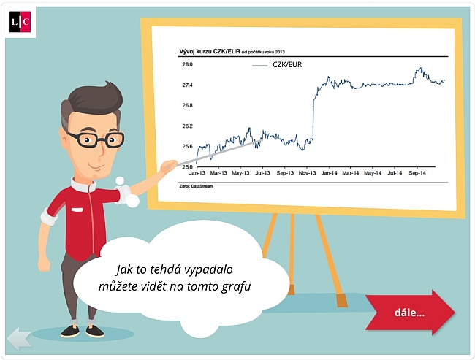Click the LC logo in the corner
[20, 22]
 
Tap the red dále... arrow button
[410, 313]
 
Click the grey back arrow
[19, 338]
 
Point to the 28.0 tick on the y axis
[187, 64]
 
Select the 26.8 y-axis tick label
[187, 105]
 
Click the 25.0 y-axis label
[187, 166]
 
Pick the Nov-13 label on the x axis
[307, 173]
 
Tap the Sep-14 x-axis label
[417, 173]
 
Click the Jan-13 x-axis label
[197, 173]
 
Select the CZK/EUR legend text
[287, 65]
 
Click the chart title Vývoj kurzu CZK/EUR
[210, 51]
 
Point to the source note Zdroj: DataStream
[196, 186]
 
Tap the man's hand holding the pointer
[168, 166]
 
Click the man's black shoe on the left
[69, 331]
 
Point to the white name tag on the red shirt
[77, 210]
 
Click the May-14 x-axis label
[373, 173]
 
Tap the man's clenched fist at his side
[45, 264]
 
